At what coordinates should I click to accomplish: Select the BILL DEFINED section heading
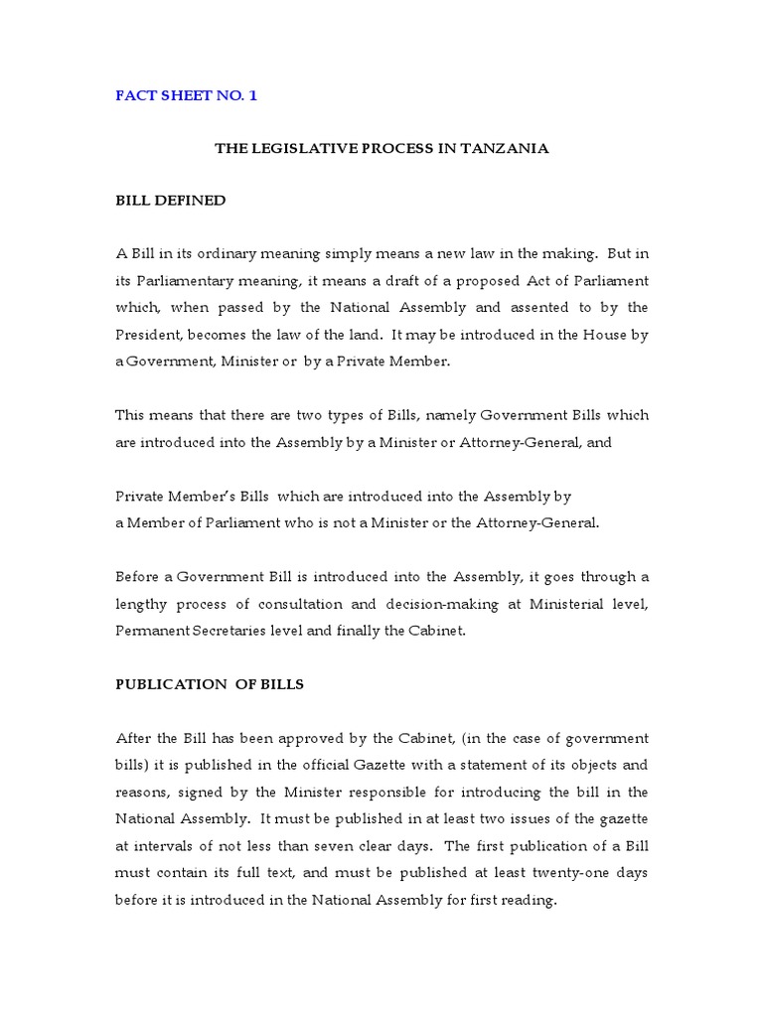(171, 201)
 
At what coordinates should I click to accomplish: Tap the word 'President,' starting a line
(149, 336)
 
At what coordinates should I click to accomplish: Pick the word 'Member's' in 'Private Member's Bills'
(204, 496)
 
